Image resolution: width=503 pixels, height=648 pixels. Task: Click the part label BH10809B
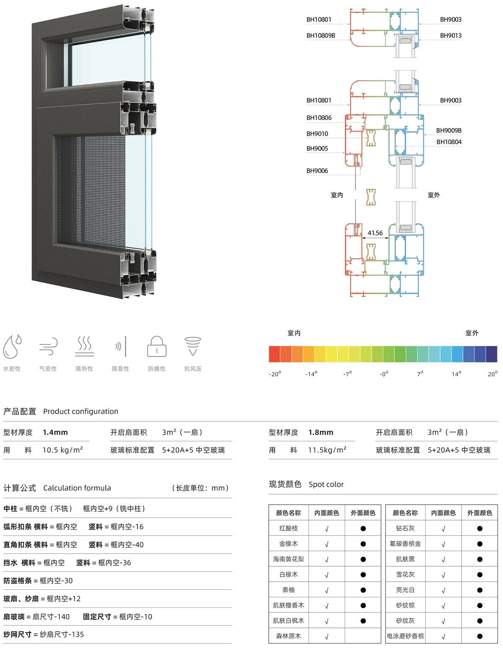321,36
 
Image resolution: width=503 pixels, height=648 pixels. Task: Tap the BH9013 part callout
451,36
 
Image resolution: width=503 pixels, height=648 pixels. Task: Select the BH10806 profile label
319,118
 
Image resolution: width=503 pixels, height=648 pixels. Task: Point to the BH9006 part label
317,171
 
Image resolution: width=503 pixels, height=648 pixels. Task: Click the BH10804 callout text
449,142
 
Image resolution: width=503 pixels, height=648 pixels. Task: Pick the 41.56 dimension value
375,233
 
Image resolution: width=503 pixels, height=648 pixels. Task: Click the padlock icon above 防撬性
156,346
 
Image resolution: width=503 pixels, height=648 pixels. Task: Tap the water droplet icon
12,346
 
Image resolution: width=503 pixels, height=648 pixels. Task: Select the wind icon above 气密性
48,346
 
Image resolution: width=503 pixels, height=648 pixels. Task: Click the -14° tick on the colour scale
311,374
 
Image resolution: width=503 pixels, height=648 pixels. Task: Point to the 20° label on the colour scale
493,374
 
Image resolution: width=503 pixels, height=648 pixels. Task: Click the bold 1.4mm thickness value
55,433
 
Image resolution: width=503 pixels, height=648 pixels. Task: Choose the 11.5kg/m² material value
327,450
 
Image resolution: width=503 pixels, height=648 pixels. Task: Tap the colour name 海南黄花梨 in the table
288,559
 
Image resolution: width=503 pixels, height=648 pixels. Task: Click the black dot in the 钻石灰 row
480,529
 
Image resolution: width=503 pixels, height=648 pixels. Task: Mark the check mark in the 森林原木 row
327,636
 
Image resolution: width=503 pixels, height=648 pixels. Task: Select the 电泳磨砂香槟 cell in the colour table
405,636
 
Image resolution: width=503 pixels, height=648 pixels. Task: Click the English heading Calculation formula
77,488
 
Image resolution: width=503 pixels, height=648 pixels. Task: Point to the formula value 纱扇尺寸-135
62,634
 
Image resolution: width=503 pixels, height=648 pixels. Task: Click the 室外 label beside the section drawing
433,195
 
